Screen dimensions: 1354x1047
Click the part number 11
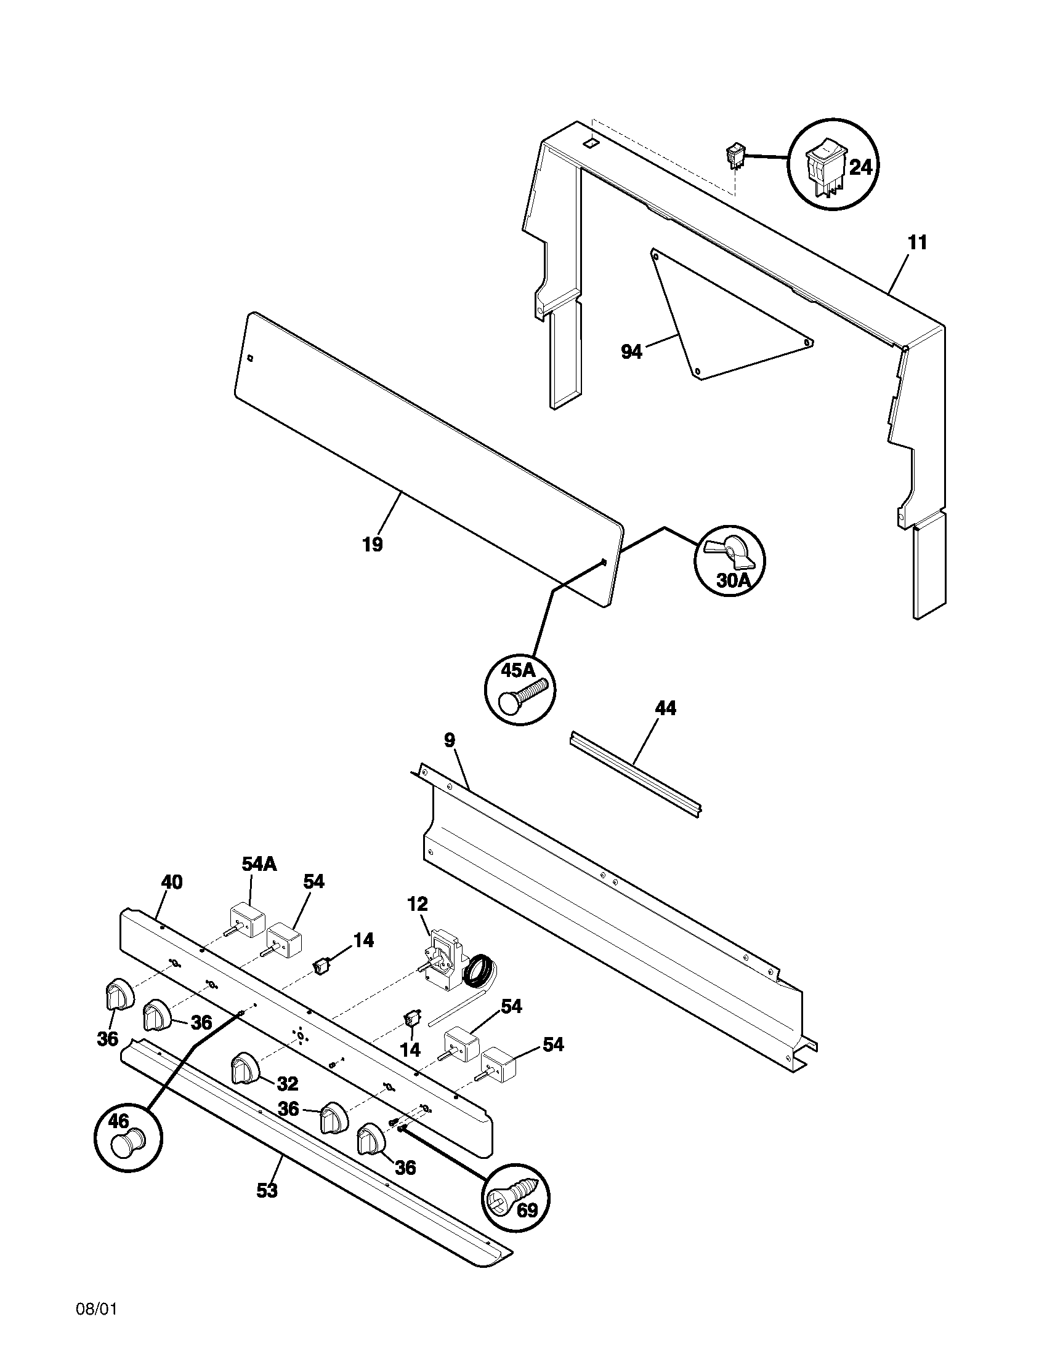917,243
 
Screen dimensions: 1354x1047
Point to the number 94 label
631,353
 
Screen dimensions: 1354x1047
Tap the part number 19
373,545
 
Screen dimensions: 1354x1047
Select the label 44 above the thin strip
665,708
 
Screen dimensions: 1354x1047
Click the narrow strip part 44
636,774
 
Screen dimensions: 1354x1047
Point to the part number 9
450,740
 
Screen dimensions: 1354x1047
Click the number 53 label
267,1190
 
